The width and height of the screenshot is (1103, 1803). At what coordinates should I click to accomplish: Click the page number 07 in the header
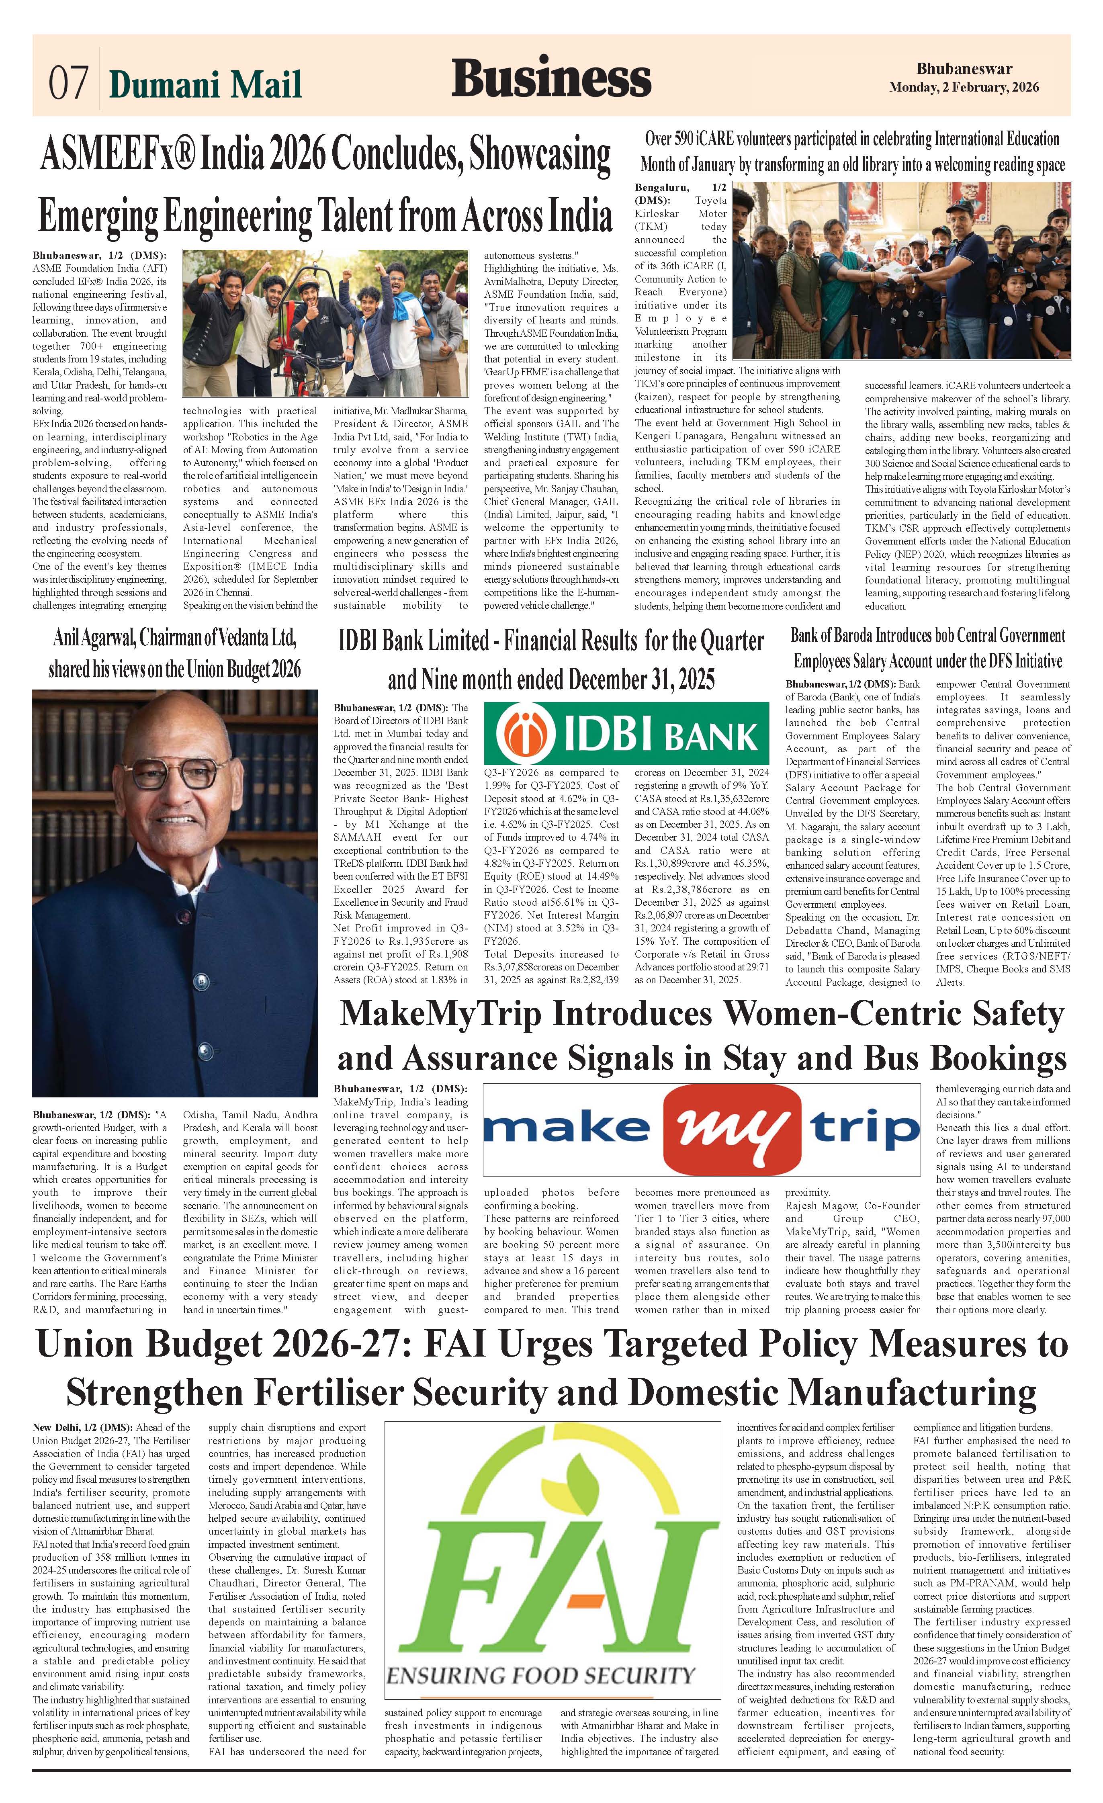click(68, 82)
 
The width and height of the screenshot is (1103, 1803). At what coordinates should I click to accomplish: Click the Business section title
click(550, 78)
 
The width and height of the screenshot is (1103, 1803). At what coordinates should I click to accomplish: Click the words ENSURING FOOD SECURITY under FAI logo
click(540, 1676)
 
